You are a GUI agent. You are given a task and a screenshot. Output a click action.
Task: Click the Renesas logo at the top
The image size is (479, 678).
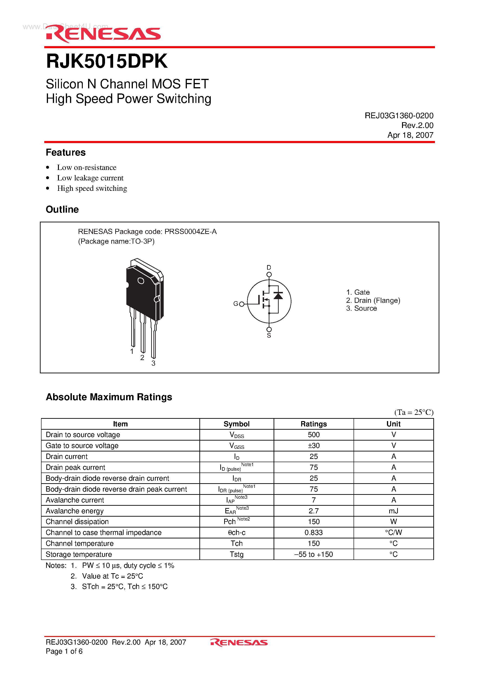coord(103,34)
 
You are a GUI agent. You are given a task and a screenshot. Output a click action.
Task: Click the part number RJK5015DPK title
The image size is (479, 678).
coord(107,61)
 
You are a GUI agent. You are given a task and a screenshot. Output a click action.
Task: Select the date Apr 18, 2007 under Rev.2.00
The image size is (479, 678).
coord(410,135)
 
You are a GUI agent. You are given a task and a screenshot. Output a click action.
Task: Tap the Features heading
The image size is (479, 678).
coord(66,152)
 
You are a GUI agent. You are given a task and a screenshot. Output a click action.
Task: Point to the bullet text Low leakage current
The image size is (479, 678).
coord(90,178)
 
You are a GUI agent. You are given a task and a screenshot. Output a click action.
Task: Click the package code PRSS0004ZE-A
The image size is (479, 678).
coord(191,231)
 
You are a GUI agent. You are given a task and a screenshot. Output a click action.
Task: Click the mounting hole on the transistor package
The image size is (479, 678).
coord(141,281)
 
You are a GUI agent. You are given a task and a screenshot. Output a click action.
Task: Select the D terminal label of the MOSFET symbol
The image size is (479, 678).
coord(269,267)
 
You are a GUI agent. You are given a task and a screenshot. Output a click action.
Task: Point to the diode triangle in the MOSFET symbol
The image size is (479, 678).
coord(278,296)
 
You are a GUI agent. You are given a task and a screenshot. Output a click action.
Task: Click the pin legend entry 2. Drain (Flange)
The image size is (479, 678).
coord(373,300)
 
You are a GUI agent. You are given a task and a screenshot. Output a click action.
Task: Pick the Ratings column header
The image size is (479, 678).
coord(314,424)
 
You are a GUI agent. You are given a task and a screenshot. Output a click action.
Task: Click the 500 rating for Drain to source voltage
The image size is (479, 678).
coord(314,435)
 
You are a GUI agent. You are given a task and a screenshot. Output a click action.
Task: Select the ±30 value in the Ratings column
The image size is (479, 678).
coord(314,446)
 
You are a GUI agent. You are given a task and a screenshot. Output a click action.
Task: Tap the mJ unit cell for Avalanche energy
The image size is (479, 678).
coord(393,511)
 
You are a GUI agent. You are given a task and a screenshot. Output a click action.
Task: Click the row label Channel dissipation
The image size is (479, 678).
coord(77,522)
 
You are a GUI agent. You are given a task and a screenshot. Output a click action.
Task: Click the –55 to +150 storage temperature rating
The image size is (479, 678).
coord(314,555)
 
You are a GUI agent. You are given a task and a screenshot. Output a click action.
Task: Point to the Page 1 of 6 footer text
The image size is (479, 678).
coord(64,651)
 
